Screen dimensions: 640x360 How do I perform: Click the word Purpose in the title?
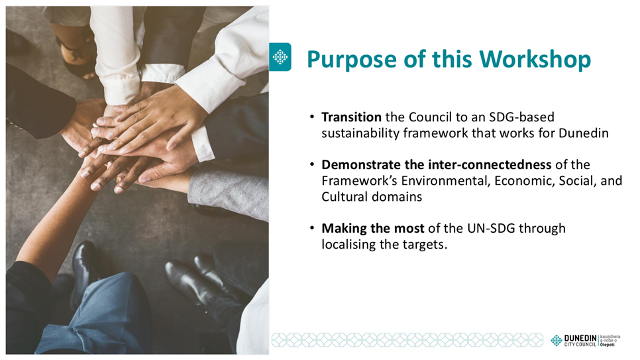[x=352, y=59]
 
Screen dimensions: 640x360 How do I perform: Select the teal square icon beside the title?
[x=280, y=57]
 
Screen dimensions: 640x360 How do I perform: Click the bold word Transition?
[x=351, y=117]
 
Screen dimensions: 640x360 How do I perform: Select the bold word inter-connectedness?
[x=490, y=164]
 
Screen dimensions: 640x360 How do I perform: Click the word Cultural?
[x=345, y=196]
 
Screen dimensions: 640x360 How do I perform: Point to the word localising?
[x=348, y=245]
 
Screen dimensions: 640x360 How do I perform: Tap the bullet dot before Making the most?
[x=312, y=228]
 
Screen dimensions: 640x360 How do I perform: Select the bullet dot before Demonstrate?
[x=312, y=164]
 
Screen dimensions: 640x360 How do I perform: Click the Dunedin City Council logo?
[x=585, y=340]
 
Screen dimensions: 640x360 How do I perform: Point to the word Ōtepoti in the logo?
[x=608, y=345]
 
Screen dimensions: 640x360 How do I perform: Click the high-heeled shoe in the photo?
[x=76, y=57]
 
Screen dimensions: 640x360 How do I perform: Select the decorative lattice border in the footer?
[x=407, y=340]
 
